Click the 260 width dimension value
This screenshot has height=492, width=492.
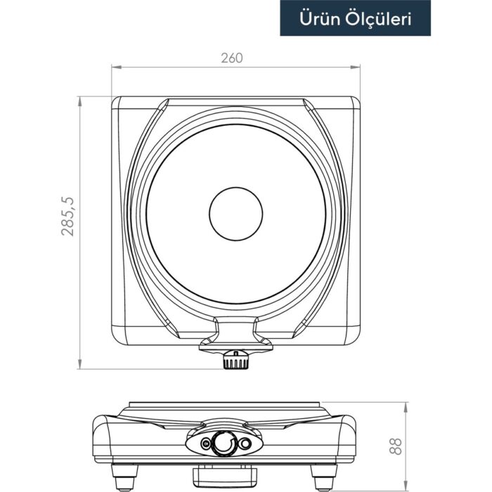pos(231,58)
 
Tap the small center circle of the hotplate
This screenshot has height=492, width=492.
pos(236,214)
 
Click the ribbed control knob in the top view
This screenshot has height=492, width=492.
pos(235,361)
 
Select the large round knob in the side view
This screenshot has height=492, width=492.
pos(224,444)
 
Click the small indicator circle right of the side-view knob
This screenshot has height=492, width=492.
pos(244,444)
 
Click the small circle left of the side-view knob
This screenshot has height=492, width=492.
pos(205,444)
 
